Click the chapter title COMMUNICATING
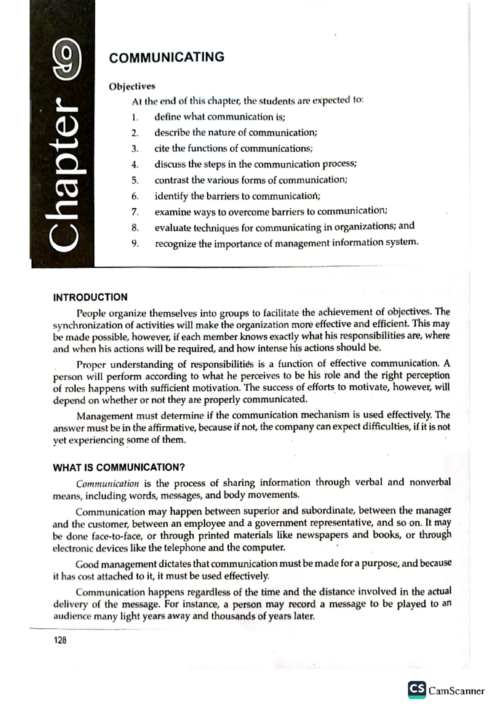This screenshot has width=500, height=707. pyautogui.click(x=166, y=57)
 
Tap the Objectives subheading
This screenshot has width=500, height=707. pyautogui.click(x=132, y=86)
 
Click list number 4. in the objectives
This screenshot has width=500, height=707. pyautogui.click(x=135, y=164)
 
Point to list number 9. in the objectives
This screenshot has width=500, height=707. pyautogui.click(x=135, y=244)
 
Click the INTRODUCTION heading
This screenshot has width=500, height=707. pyautogui.click(x=90, y=297)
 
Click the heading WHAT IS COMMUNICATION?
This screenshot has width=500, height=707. pyautogui.click(x=118, y=467)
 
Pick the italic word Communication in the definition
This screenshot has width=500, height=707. pyautogui.click(x=107, y=484)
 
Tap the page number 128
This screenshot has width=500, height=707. pyautogui.click(x=60, y=640)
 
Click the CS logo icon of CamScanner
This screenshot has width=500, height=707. pyautogui.click(x=417, y=689)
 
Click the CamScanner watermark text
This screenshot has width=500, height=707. pyautogui.click(x=457, y=691)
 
